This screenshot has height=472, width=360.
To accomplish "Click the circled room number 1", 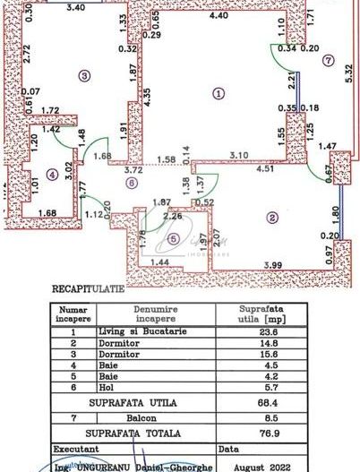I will click(216, 91).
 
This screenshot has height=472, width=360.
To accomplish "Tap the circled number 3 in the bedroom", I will click(85, 76).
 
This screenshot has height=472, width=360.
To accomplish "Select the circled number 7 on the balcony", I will click(329, 61).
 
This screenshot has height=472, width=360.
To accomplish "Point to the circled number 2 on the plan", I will click(270, 217).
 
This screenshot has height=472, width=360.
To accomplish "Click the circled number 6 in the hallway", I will click(132, 184).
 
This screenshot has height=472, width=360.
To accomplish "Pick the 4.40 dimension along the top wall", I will click(219, 15).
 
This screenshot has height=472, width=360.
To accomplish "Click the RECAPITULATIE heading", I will click(89, 290).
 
